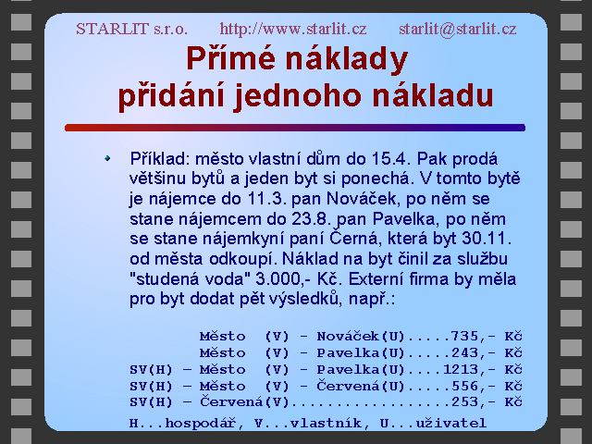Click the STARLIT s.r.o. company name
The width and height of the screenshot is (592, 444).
click(x=131, y=29)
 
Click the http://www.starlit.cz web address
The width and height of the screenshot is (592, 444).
click(x=293, y=29)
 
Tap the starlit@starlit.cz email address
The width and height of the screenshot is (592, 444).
click(x=458, y=29)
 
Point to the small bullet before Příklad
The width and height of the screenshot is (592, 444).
click(x=107, y=158)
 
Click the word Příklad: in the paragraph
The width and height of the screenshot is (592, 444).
click(x=160, y=159)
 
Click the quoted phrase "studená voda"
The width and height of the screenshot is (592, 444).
click(x=190, y=279)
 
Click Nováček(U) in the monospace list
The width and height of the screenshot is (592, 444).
click(x=361, y=335)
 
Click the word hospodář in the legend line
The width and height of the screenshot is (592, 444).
click(x=200, y=424)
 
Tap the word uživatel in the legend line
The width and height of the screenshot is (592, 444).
click(x=451, y=424)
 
